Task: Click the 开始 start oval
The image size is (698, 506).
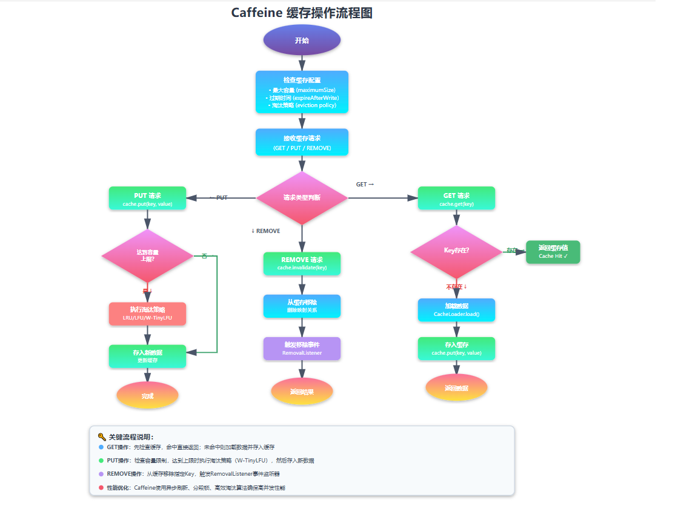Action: tap(302, 40)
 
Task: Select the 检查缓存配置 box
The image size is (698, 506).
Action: tap(302, 92)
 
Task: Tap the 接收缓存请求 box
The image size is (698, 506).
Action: tap(302, 142)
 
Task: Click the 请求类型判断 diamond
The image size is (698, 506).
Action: tap(302, 197)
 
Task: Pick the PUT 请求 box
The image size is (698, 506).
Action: tap(147, 198)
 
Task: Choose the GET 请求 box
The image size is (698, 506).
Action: tap(456, 198)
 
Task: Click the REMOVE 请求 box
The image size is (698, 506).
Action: tap(302, 263)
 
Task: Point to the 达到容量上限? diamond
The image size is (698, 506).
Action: tap(147, 255)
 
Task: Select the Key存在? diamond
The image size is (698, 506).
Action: tap(456, 251)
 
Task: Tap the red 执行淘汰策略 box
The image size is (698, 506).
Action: tap(147, 314)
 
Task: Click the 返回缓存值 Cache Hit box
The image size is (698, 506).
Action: tap(553, 252)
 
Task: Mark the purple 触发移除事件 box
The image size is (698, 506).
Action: tap(302, 348)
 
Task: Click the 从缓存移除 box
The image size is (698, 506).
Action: tap(302, 306)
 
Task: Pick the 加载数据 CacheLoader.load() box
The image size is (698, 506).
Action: tap(456, 309)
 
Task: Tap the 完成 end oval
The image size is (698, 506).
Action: tap(147, 396)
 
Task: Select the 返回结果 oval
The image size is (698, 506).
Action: tap(302, 391)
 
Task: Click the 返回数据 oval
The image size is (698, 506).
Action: tap(456, 387)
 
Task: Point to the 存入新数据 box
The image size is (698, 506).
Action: tap(147, 356)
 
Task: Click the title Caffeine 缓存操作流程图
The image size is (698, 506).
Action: tap(302, 13)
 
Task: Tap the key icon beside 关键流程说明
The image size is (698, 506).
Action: tap(102, 436)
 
